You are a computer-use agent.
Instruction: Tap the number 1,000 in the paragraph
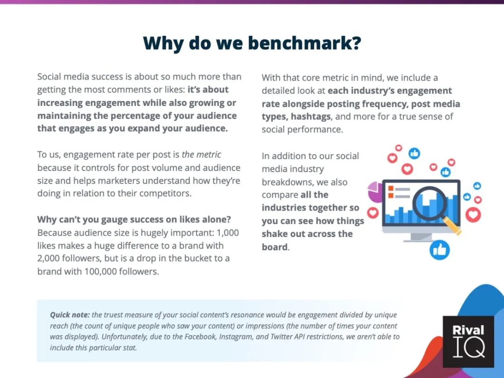tap(228, 232)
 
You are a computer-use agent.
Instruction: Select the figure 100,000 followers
tap(121, 272)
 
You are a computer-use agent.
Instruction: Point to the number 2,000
tap(48, 259)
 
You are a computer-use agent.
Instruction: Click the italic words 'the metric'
tap(201, 154)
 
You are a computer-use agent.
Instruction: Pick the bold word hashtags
tap(311, 117)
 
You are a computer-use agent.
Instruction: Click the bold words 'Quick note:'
tap(70, 315)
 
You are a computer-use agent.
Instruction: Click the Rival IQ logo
tap(468, 342)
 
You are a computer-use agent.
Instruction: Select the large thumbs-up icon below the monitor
tap(440, 250)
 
